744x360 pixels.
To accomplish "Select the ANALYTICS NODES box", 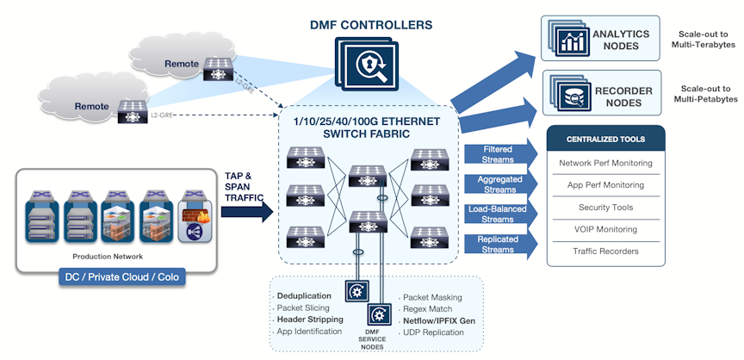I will [x=600, y=38].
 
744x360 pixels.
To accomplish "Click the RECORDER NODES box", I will [x=600, y=95].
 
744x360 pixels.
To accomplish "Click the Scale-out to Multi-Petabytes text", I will [x=705, y=95].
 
